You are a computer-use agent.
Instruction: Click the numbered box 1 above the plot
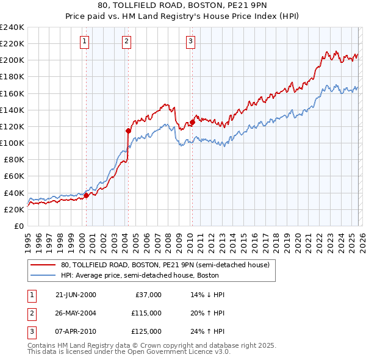pyautogui.click(x=84, y=41)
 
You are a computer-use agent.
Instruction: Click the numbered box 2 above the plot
pyautogui.click(x=126, y=41)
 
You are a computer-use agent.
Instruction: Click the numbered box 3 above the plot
pyautogui.click(x=190, y=41)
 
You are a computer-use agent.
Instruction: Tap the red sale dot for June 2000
pyautogui.click(x=86, y=195)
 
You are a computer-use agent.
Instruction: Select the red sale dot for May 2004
pyautogui.click(x=129, y=130)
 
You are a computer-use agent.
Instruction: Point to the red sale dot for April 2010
pyautogui.click(x=192, y=122)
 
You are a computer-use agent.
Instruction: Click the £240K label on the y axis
pyautogui.click(x=12, y=27)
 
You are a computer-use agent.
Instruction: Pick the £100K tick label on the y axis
pyautogui.click(x=12, y=143)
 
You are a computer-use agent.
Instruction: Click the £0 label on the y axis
pyautogui.click(x=18, y=226)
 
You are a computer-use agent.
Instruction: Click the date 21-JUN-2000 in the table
pyautogui.click(x=76, y=295)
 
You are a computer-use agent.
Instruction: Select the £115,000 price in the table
pyautogui.click(x=146, y=313)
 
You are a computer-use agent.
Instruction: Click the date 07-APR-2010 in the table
pyautogui.click(x=76, y=332)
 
